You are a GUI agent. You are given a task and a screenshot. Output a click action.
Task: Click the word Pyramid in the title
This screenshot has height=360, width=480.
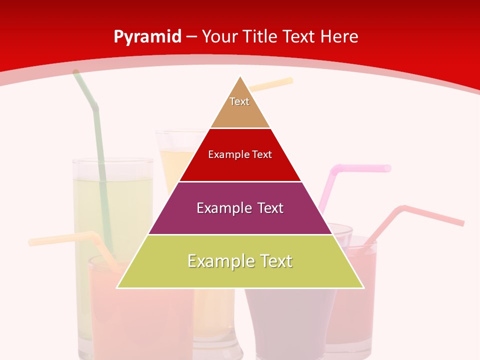click(x=147, y=37)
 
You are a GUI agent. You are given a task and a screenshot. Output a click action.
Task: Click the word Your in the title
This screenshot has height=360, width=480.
click(x=219, y=36)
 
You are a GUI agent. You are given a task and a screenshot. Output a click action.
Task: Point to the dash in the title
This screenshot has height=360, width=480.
click(x=191, y=37)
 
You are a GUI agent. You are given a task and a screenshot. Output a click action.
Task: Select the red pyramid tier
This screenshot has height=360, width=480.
click(x=240, y=167)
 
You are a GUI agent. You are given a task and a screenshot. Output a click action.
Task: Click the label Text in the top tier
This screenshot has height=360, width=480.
click(x=239, y=101)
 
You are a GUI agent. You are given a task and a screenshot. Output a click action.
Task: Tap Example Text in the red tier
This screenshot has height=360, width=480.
click(x=240, y=154)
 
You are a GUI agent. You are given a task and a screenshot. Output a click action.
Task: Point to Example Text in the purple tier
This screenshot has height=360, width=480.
click(x=240, y=208)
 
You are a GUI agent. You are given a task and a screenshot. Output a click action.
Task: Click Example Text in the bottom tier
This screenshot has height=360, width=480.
click(x=240, y=261)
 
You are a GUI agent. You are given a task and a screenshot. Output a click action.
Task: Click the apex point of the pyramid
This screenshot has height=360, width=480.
click(x=240, y=77)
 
